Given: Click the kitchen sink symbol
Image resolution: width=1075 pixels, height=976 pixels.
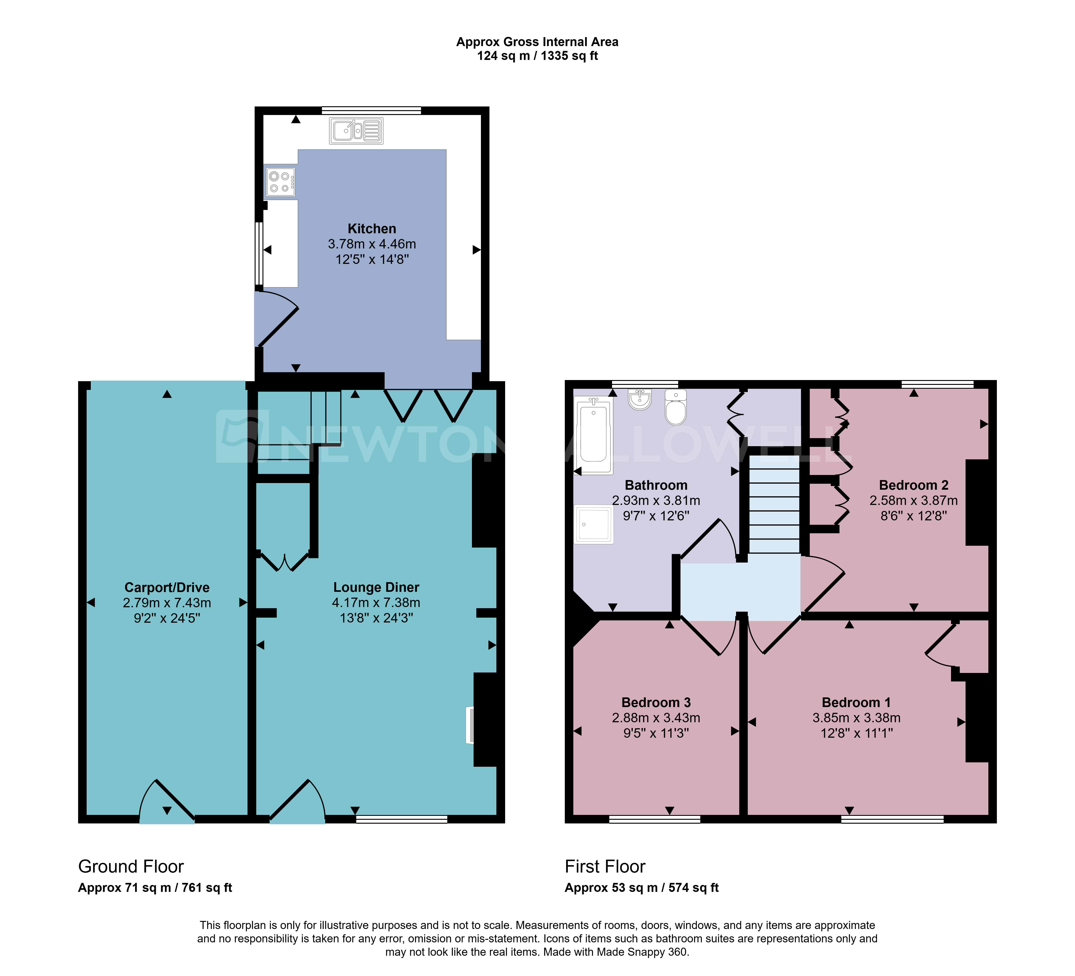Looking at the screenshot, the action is click(356, 131).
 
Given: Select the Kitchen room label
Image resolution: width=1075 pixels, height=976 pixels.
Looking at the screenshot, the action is click(372, 229).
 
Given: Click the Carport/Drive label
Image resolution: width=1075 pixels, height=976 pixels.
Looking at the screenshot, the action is click(167, 587).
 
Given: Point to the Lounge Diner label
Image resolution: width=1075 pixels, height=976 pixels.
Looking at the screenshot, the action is click(376, 587).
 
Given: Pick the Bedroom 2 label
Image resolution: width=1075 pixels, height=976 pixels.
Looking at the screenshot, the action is click(913, 485).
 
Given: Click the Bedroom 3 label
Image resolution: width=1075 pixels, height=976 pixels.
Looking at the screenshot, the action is click(656, 702).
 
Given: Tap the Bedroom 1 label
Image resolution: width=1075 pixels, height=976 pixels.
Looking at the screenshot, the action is click(856, 702).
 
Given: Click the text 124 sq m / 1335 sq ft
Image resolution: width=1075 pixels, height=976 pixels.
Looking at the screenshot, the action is click(537, 56).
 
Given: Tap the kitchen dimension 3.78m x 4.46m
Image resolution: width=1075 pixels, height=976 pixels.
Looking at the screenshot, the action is click(372, 244).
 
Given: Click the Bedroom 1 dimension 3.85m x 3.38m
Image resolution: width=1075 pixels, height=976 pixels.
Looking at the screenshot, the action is click(856, 718).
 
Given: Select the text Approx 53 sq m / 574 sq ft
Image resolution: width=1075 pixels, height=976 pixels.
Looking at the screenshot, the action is click(642, 888).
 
